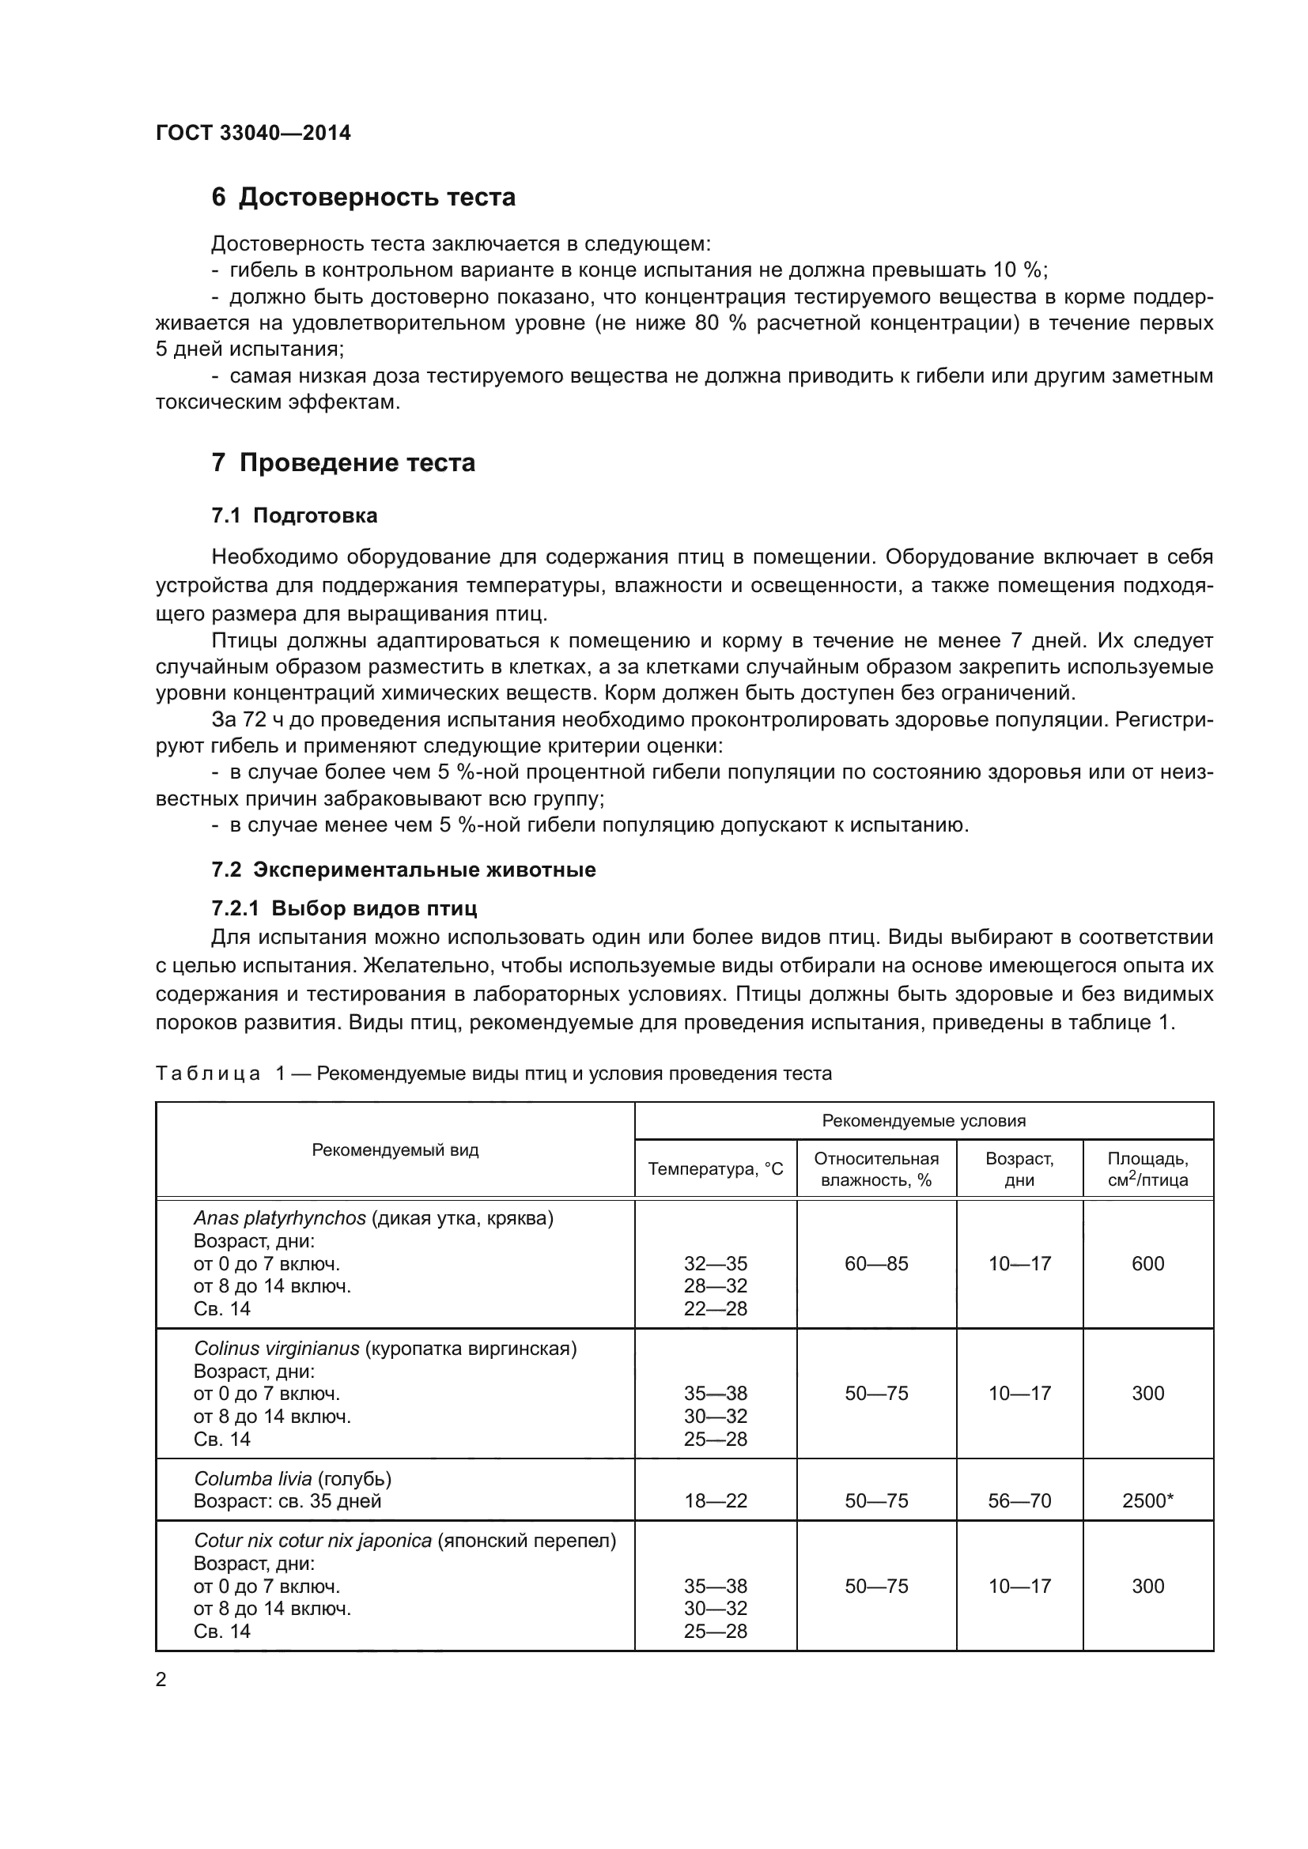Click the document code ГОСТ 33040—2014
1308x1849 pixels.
point(253,133)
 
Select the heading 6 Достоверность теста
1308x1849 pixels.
point(363,198)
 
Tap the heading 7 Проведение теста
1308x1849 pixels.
point(343,463)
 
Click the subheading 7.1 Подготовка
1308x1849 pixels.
point(294,515)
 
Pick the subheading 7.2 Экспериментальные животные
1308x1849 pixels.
point(403,870)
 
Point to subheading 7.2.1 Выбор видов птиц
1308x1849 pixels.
point(344,908)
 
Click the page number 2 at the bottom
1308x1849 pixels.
point(161,1680)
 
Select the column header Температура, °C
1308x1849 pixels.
point(715,1168)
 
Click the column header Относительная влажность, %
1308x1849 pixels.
point(876,1169)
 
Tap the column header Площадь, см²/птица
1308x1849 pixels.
point(1147,1169)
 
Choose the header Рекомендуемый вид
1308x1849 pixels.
point(395,1150)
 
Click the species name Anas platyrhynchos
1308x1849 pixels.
point(279,1218)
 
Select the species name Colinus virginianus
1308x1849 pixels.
point(276,1349)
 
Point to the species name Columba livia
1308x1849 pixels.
point(252,1479)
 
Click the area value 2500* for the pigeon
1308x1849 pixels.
point(1147,1501)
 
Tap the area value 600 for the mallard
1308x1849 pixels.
point(1147,1263)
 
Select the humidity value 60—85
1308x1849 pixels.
point(876,1263)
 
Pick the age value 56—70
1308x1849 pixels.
point(1019,1501)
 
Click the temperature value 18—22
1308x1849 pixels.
point(715,1501)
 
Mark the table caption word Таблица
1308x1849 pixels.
point(208,1074)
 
